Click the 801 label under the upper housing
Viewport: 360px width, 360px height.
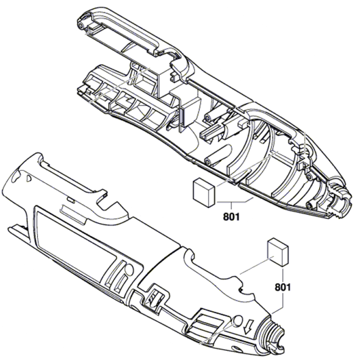point(231,215)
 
